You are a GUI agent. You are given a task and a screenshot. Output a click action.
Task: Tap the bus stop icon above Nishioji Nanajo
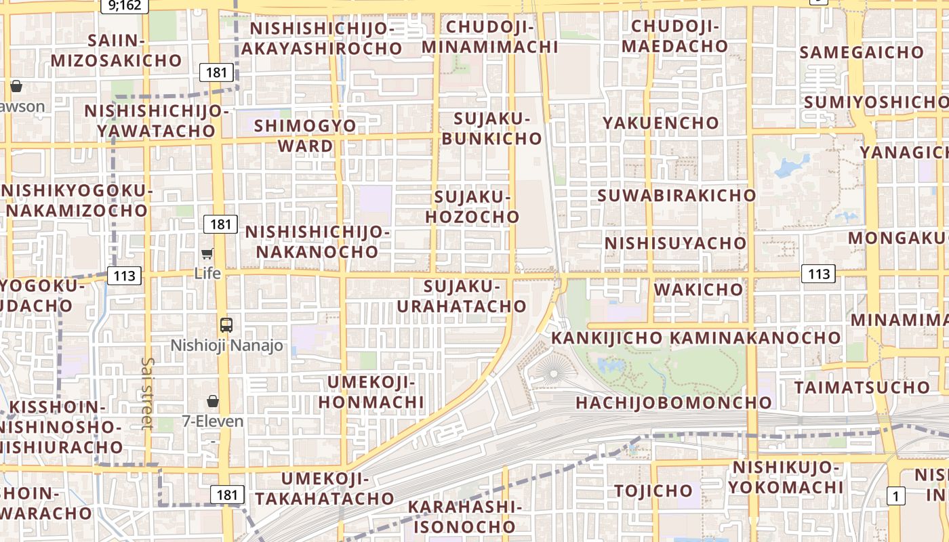[226, 325]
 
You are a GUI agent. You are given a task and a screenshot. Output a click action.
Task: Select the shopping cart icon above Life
[207, 254]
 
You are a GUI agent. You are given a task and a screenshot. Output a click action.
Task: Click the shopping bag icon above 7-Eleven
[213, 401]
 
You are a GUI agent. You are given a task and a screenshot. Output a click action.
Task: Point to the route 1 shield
[895, 496]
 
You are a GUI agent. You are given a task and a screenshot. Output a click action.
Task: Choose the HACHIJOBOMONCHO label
[674, 402]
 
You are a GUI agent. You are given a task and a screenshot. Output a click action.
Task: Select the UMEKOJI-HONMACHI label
[371, 392]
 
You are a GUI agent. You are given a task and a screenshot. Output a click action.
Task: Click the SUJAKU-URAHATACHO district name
[462, 296]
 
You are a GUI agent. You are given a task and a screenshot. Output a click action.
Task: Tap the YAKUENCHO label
[661, 123]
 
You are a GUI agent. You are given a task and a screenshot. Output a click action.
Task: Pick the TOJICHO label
[653, 490]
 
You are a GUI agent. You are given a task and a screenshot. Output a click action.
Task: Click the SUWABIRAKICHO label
[677, 195]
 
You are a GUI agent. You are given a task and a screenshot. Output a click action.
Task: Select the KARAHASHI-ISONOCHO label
[464, 516]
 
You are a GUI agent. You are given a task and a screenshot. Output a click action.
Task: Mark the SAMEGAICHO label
[861, 52]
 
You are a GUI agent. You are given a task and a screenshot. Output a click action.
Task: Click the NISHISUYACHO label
[675, 243]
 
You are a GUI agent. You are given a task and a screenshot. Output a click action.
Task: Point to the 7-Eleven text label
[213, 421]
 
